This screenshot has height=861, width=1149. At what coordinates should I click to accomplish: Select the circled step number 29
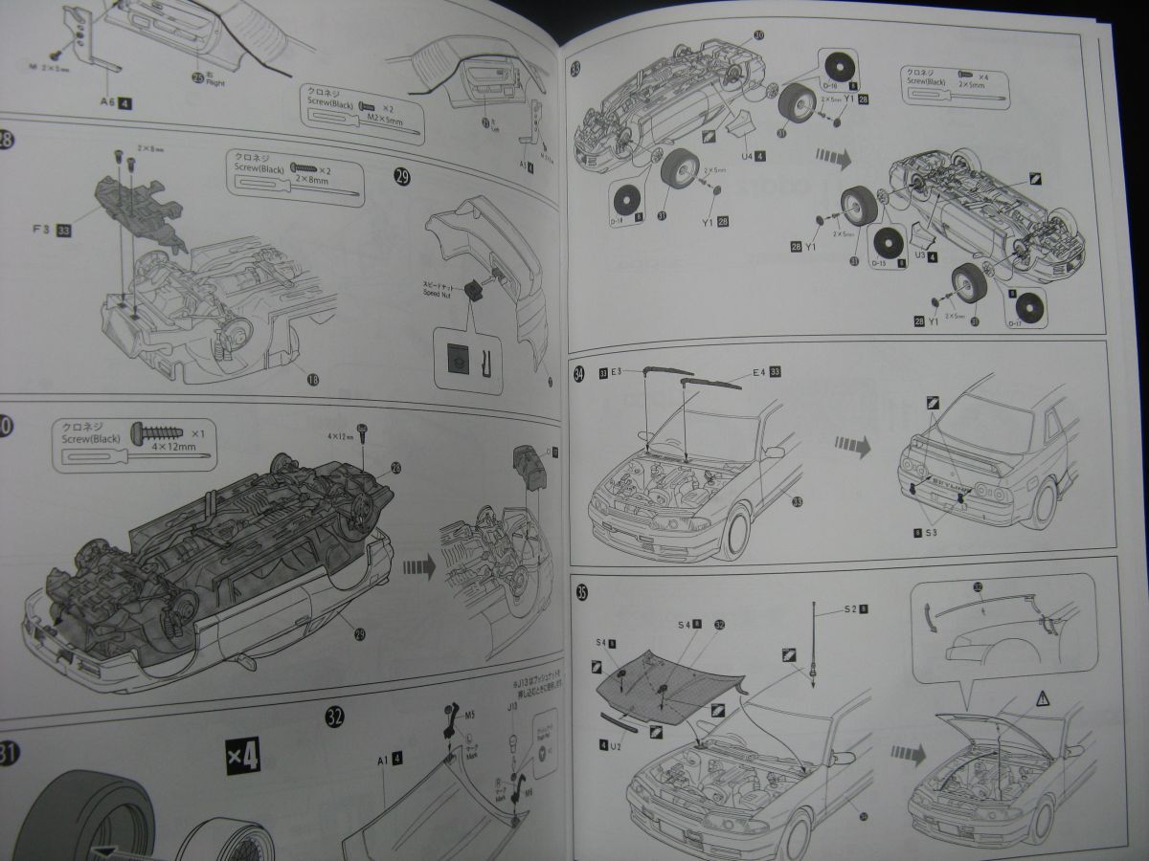(x=402, y=177)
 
